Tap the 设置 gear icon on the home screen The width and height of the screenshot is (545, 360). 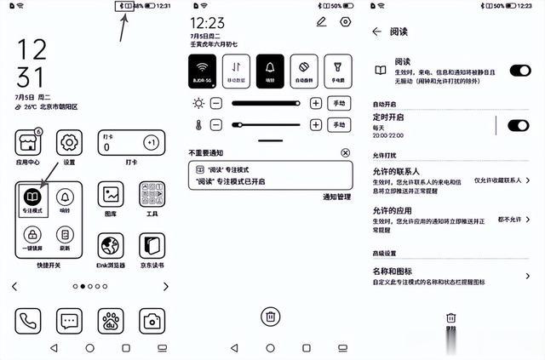pos(69,142)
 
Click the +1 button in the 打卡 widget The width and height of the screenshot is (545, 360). pos(151,142)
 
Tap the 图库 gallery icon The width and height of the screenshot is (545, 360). pos(111,195)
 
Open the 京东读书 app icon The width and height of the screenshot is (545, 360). pos(152,247)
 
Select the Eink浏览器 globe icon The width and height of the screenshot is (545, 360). pos(111,247)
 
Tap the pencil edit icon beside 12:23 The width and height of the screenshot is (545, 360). pos(321,21)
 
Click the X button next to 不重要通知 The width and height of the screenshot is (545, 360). pos(345,152)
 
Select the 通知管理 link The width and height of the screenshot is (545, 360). pos(336,197)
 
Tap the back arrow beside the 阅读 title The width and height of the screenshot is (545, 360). pos(377,31)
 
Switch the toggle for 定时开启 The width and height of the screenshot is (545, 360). pos(518,126)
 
